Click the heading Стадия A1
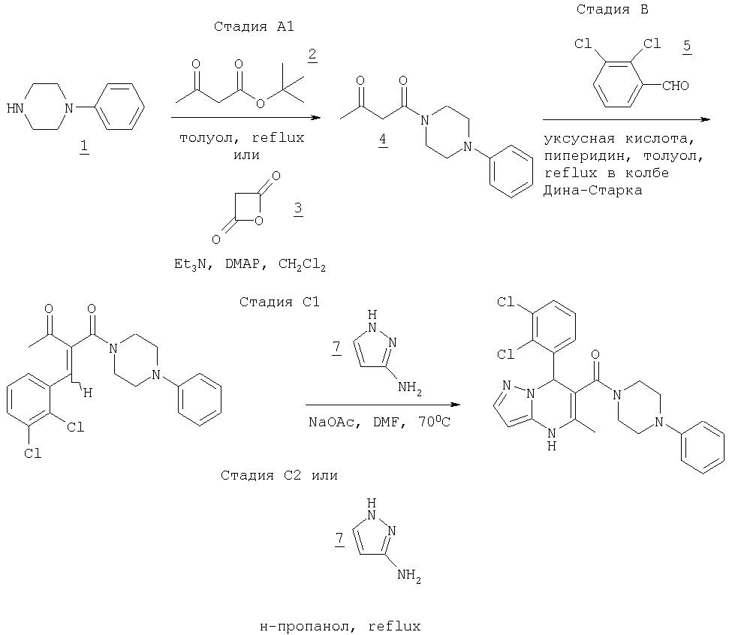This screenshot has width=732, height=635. [x=254, y=27]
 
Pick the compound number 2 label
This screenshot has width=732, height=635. [x=312, y=56]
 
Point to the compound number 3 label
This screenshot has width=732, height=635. [x=297, y=211]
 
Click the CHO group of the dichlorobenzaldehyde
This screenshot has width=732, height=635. [x=675, y=86]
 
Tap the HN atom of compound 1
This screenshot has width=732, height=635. [x=15, y=108]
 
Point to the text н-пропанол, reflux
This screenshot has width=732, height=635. [x=336, y=624]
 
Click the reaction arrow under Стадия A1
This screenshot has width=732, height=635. [x=245, y=118]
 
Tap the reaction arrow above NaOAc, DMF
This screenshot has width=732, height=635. [x=382, y=405]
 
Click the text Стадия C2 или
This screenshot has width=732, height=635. [x=279, y=475]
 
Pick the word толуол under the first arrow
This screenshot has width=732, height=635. [x=204, y=138]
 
